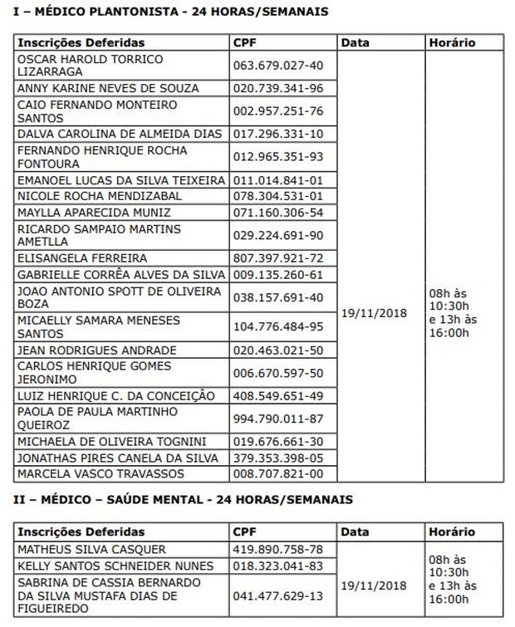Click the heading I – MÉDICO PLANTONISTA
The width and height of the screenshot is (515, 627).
pos(166,12)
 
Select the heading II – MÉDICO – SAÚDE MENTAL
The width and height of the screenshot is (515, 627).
pos(179,499)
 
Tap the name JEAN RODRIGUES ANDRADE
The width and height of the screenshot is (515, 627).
pos(96,350)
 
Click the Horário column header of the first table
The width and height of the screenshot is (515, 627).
pos(452,42)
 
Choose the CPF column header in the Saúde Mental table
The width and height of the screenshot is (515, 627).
pos(245,532)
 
